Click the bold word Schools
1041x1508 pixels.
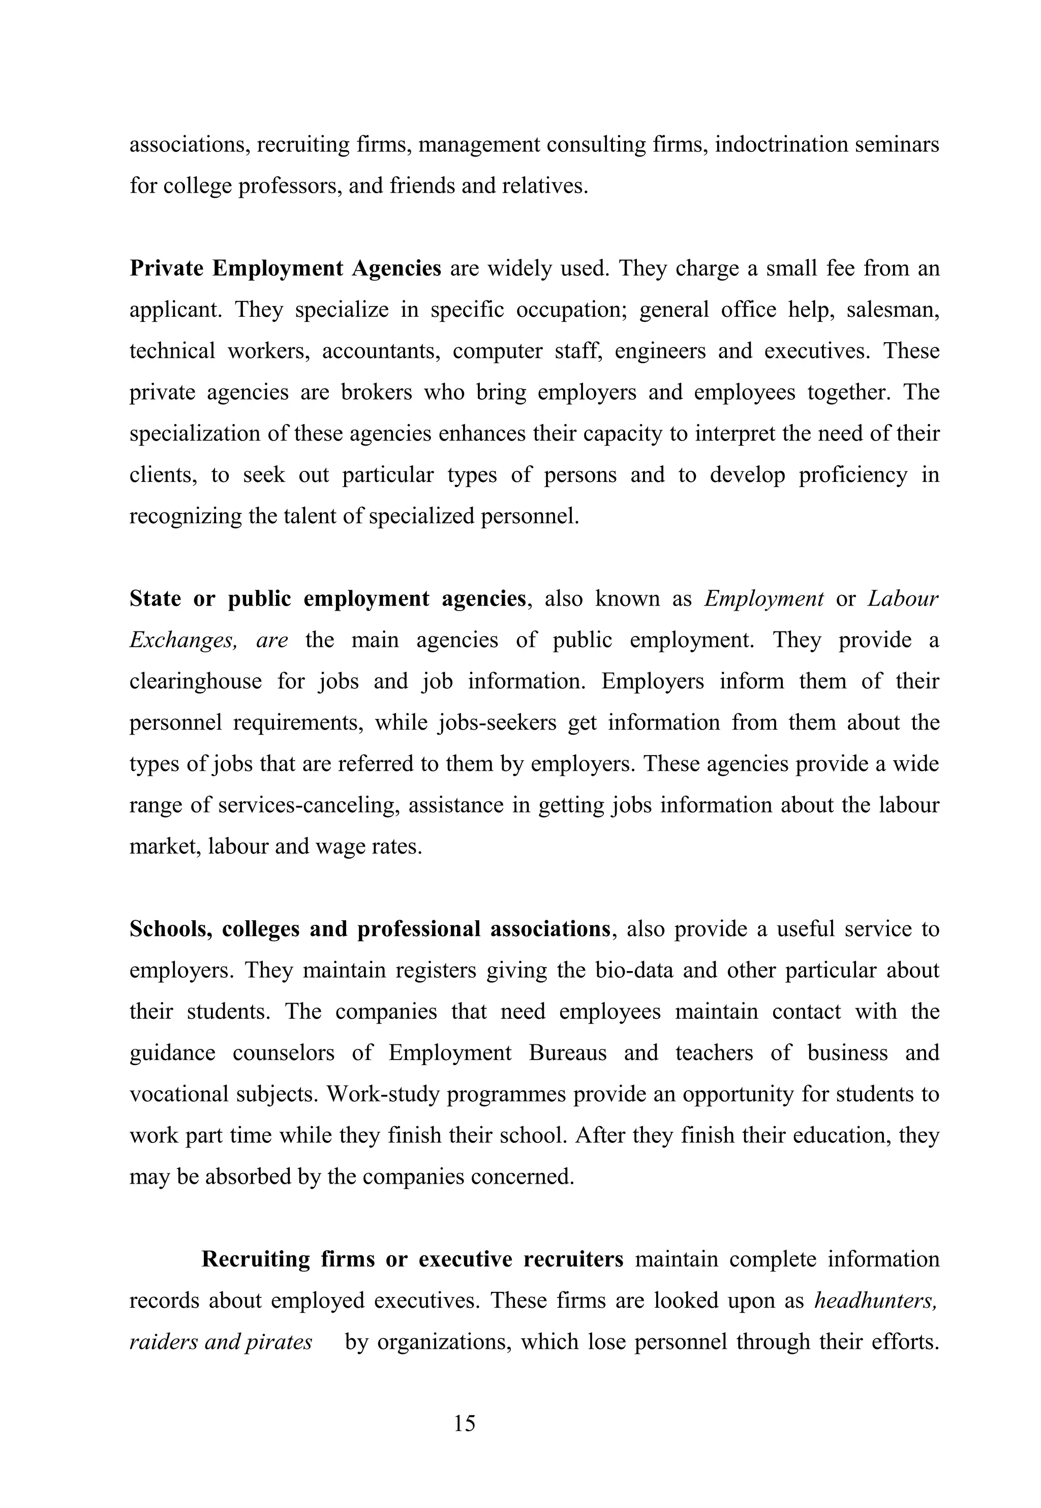pyautogui.click(x=171, y=929)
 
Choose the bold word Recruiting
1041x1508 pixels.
pyautogui.click(x=256, y=1259)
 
